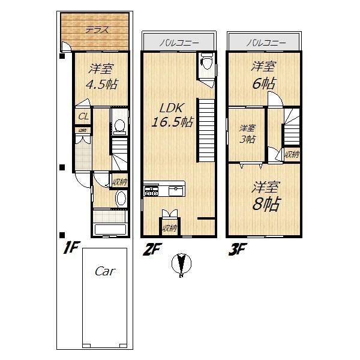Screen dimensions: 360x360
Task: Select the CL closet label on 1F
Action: pos(83,116)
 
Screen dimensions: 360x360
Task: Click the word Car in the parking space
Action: pos(105,271)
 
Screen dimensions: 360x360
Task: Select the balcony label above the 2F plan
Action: pos(178,43)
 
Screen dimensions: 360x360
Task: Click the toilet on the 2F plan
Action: pos(206,61)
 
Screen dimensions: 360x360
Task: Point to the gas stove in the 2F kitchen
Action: pos(150,191)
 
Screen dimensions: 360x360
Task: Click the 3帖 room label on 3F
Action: pos(247,133)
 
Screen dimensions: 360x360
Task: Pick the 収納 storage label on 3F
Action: pos(292,154)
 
